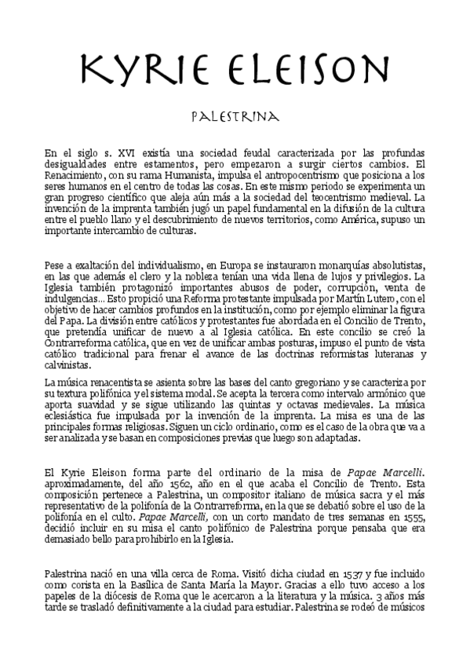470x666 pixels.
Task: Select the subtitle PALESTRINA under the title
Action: (235, 117)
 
